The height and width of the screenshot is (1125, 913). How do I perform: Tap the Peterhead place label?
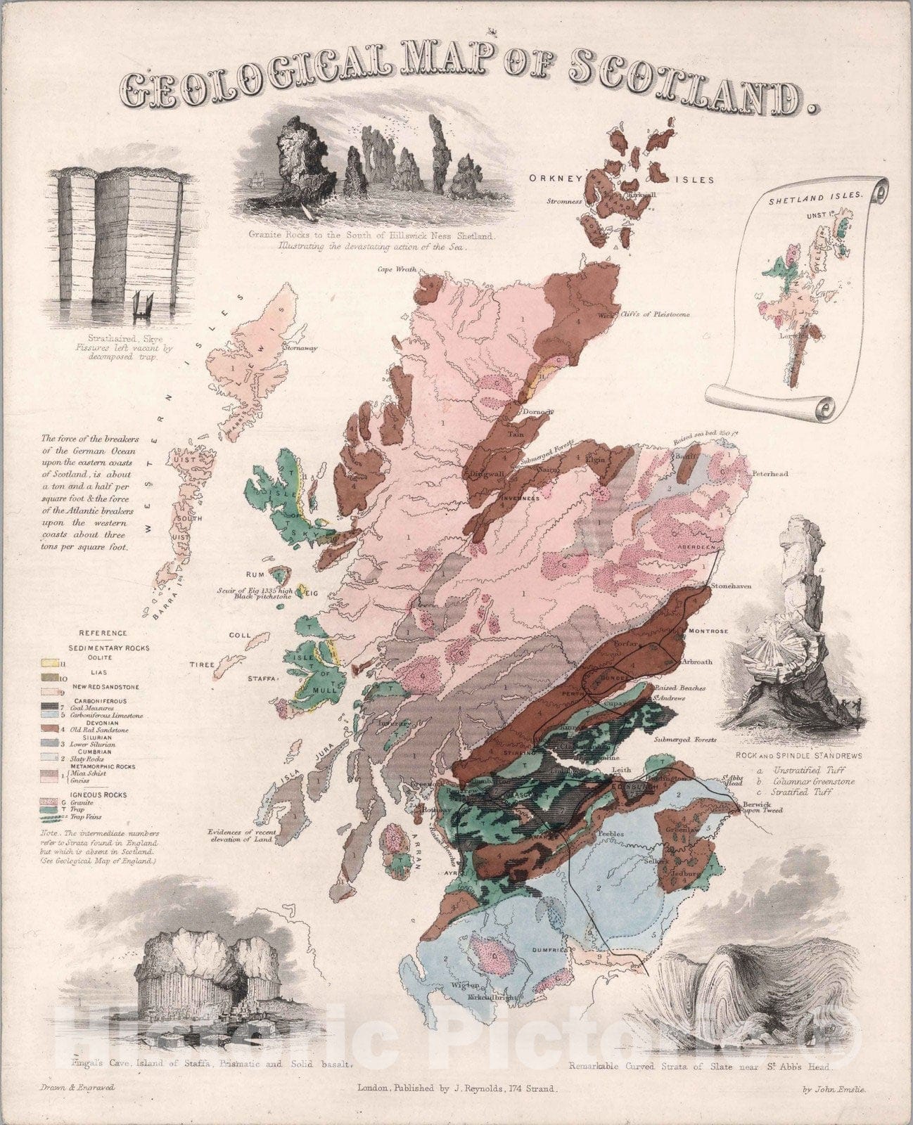pos(769,474)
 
